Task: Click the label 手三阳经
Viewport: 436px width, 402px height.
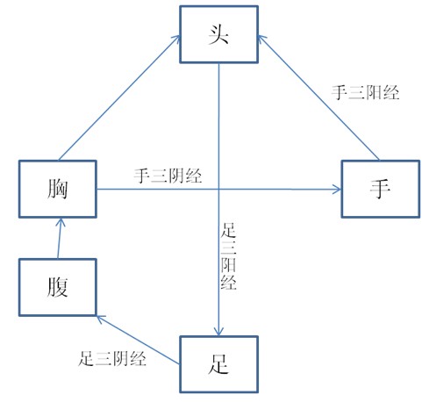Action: click(365, 93)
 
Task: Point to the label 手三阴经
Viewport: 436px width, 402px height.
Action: click(168, 176)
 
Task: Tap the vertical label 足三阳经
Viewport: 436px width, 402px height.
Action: click(228, 256)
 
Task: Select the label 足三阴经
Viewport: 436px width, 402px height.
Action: click(112, 358)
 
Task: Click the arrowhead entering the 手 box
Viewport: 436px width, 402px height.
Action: click(338, 190)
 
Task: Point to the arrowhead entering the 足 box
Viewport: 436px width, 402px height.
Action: click(218, 332)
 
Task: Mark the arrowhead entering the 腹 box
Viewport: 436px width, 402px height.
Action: click(100, 319)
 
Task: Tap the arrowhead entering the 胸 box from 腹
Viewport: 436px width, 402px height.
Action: click(61, 222)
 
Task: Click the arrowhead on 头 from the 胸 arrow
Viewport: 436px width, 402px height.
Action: click(175, 39)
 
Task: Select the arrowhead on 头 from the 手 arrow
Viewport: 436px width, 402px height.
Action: click(261, 39)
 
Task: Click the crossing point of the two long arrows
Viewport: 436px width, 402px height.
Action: click(218, 190)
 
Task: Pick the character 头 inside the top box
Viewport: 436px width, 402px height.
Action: click(218, 34)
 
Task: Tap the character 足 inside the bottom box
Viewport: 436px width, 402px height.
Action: click(218, 364)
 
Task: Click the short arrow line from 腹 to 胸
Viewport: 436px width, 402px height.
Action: click(60, 238)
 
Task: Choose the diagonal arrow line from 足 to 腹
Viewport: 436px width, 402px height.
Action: click(138, 340)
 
